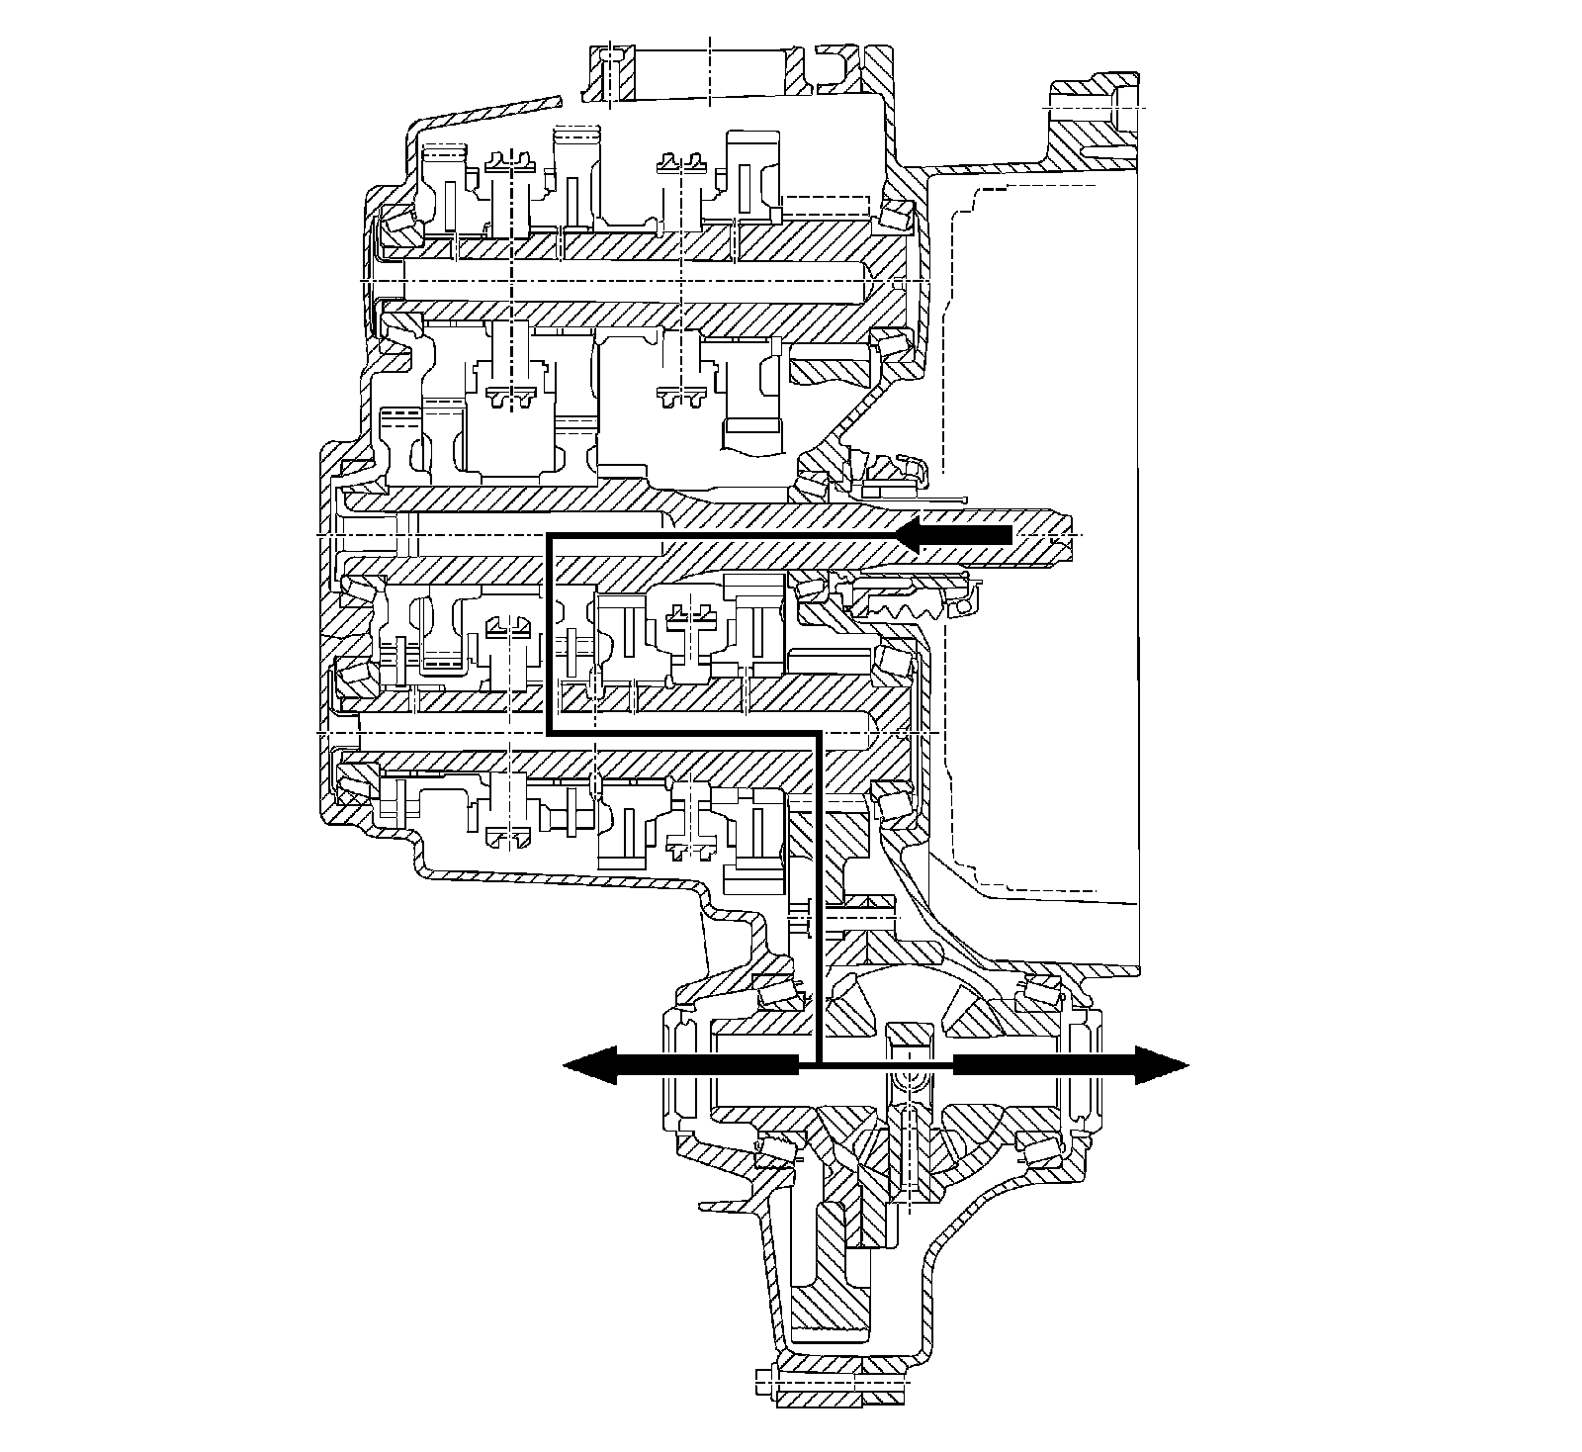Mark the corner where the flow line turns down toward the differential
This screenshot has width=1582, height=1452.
point(819,734)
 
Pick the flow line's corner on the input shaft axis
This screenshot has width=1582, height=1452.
point(548,535)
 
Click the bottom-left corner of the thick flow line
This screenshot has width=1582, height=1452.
point(548,734)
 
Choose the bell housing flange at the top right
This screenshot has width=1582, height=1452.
point(1093,119)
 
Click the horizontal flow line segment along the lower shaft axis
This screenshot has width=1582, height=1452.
point(682,734)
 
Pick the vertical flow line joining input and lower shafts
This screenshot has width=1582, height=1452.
point(548,633)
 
